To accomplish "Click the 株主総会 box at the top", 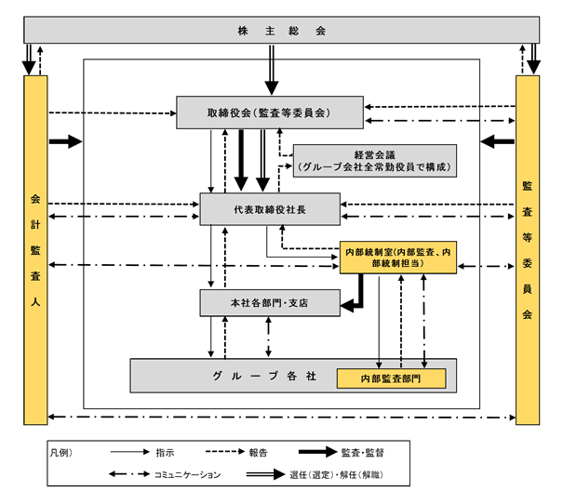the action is click(281, 30).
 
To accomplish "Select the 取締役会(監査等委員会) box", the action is click(270, 113).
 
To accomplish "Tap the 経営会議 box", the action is click(375, 161).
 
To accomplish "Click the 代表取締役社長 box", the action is click(270, 209).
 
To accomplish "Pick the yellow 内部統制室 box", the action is click(398, 258).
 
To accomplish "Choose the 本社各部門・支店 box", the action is click(270, 303).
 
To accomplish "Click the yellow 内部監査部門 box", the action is click(392, 378).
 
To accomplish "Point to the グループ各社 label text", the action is click(264, 376).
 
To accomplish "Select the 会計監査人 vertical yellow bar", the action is click(35, 250).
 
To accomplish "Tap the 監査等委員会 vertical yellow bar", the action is click(528, 250).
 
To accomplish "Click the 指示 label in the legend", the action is click(165, 452).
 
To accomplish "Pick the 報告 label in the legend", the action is click(258, 452).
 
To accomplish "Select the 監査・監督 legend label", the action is click(363, 452).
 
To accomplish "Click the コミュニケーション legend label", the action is click(187, 474).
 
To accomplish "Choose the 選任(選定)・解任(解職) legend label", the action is click(337, 474).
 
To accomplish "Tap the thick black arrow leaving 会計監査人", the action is click(66, 141).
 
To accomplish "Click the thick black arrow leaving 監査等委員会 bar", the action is click(497, 141).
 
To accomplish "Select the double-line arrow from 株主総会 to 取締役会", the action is click(272, 70).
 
